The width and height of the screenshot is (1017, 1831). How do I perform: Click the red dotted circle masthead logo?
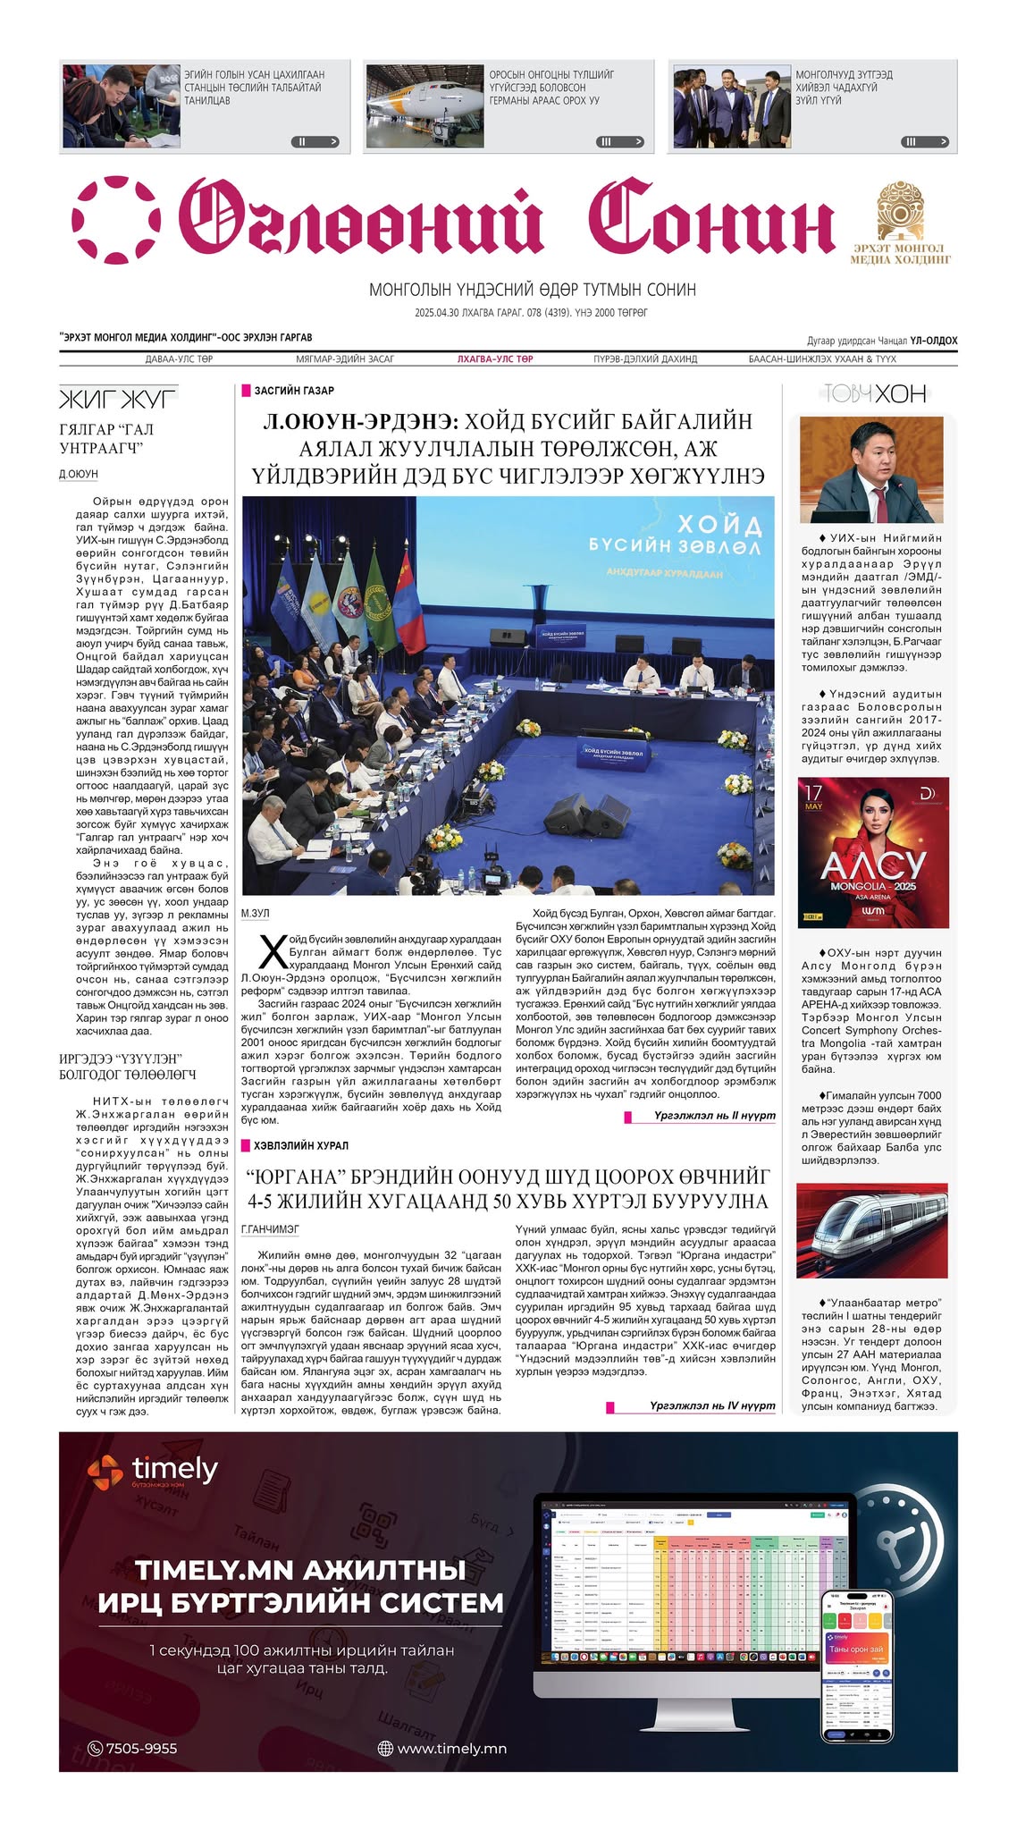[x=116, y=220]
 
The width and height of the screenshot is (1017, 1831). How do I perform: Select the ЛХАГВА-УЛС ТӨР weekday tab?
[x=495, y=359]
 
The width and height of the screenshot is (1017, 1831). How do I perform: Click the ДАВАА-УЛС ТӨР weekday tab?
[x=179, y=359]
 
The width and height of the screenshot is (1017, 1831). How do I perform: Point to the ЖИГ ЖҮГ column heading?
[x=118, y=397]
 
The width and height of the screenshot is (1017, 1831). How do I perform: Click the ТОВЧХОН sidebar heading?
[x=874, y=394]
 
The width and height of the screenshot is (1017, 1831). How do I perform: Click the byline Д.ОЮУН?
[x=79, y=474]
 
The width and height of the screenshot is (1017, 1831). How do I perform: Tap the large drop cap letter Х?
[x=272, y=952]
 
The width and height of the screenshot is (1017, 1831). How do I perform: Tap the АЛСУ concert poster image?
[x=873, y=852]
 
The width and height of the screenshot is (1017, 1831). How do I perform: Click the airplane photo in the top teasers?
[x=424, y=105]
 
